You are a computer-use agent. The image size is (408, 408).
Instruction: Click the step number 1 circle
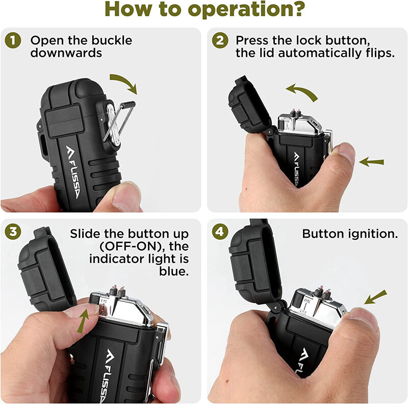click(12, 41)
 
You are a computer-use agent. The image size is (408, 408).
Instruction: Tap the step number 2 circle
click(220, 41)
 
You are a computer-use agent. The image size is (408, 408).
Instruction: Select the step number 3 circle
click(12, 232)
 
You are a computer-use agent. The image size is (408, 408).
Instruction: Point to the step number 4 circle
click(220, 232)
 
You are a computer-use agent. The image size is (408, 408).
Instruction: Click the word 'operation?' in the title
click(246, 10)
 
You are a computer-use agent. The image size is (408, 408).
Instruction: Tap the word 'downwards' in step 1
click(66, 53)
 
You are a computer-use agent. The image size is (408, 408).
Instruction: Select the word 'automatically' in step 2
click(320, 54)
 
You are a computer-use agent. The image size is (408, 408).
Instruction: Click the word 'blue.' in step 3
click(174, 271)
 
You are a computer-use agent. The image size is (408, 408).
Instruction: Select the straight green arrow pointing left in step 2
click(371, 162)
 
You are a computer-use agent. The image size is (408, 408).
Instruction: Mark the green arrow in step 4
click(375, 297)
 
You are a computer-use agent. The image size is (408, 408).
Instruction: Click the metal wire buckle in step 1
click(119, 122)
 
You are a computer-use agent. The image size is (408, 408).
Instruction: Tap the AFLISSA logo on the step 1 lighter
click(72, 172)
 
